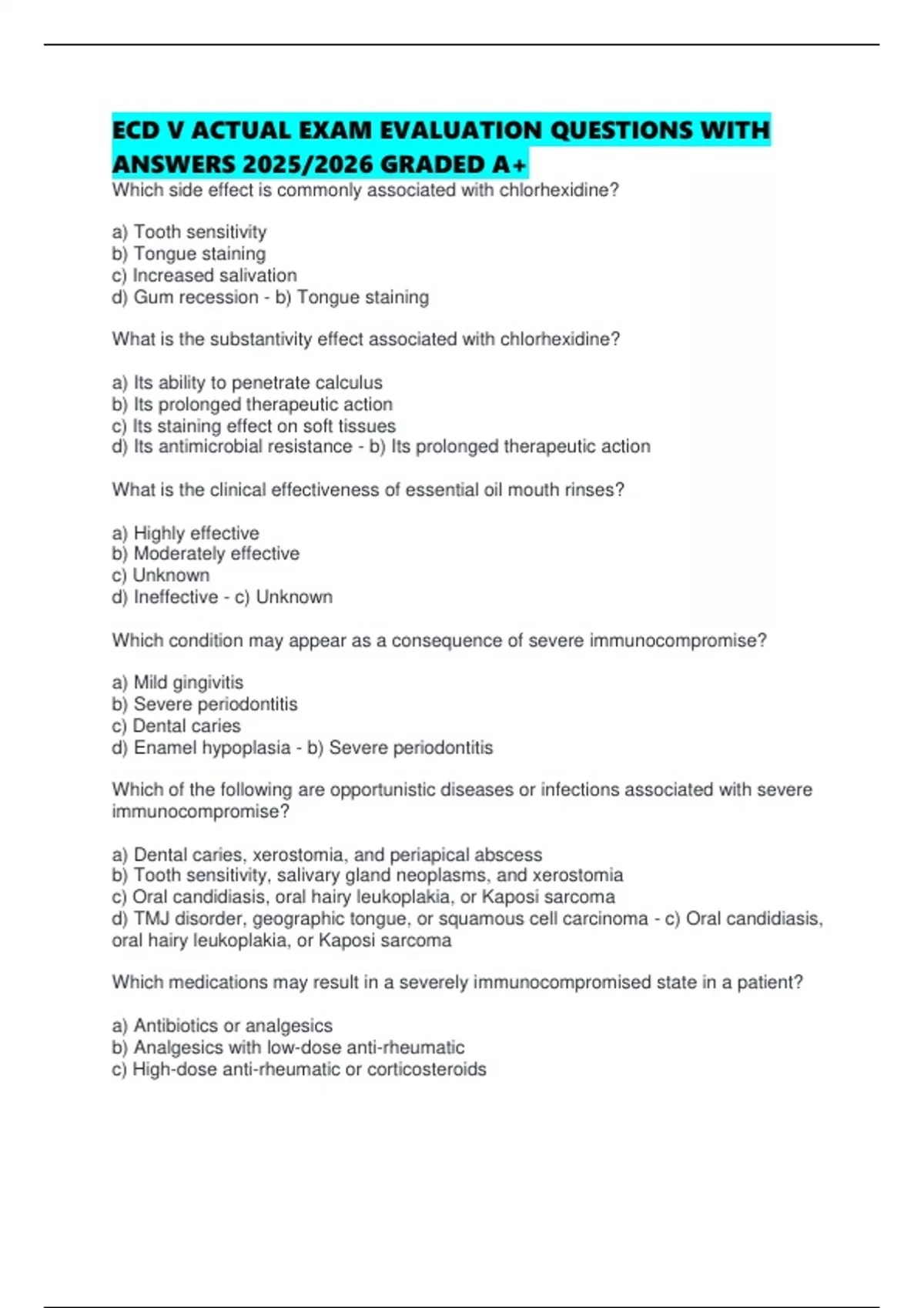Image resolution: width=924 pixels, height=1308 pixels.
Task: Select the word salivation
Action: pos(256,275)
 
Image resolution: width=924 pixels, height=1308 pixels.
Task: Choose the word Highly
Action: pos(159,533)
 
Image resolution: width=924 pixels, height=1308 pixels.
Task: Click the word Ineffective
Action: pos(176,597)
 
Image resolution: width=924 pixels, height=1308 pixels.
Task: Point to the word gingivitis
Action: pos(208,682)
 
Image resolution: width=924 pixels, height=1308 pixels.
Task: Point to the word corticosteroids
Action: pos(427,1069)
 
